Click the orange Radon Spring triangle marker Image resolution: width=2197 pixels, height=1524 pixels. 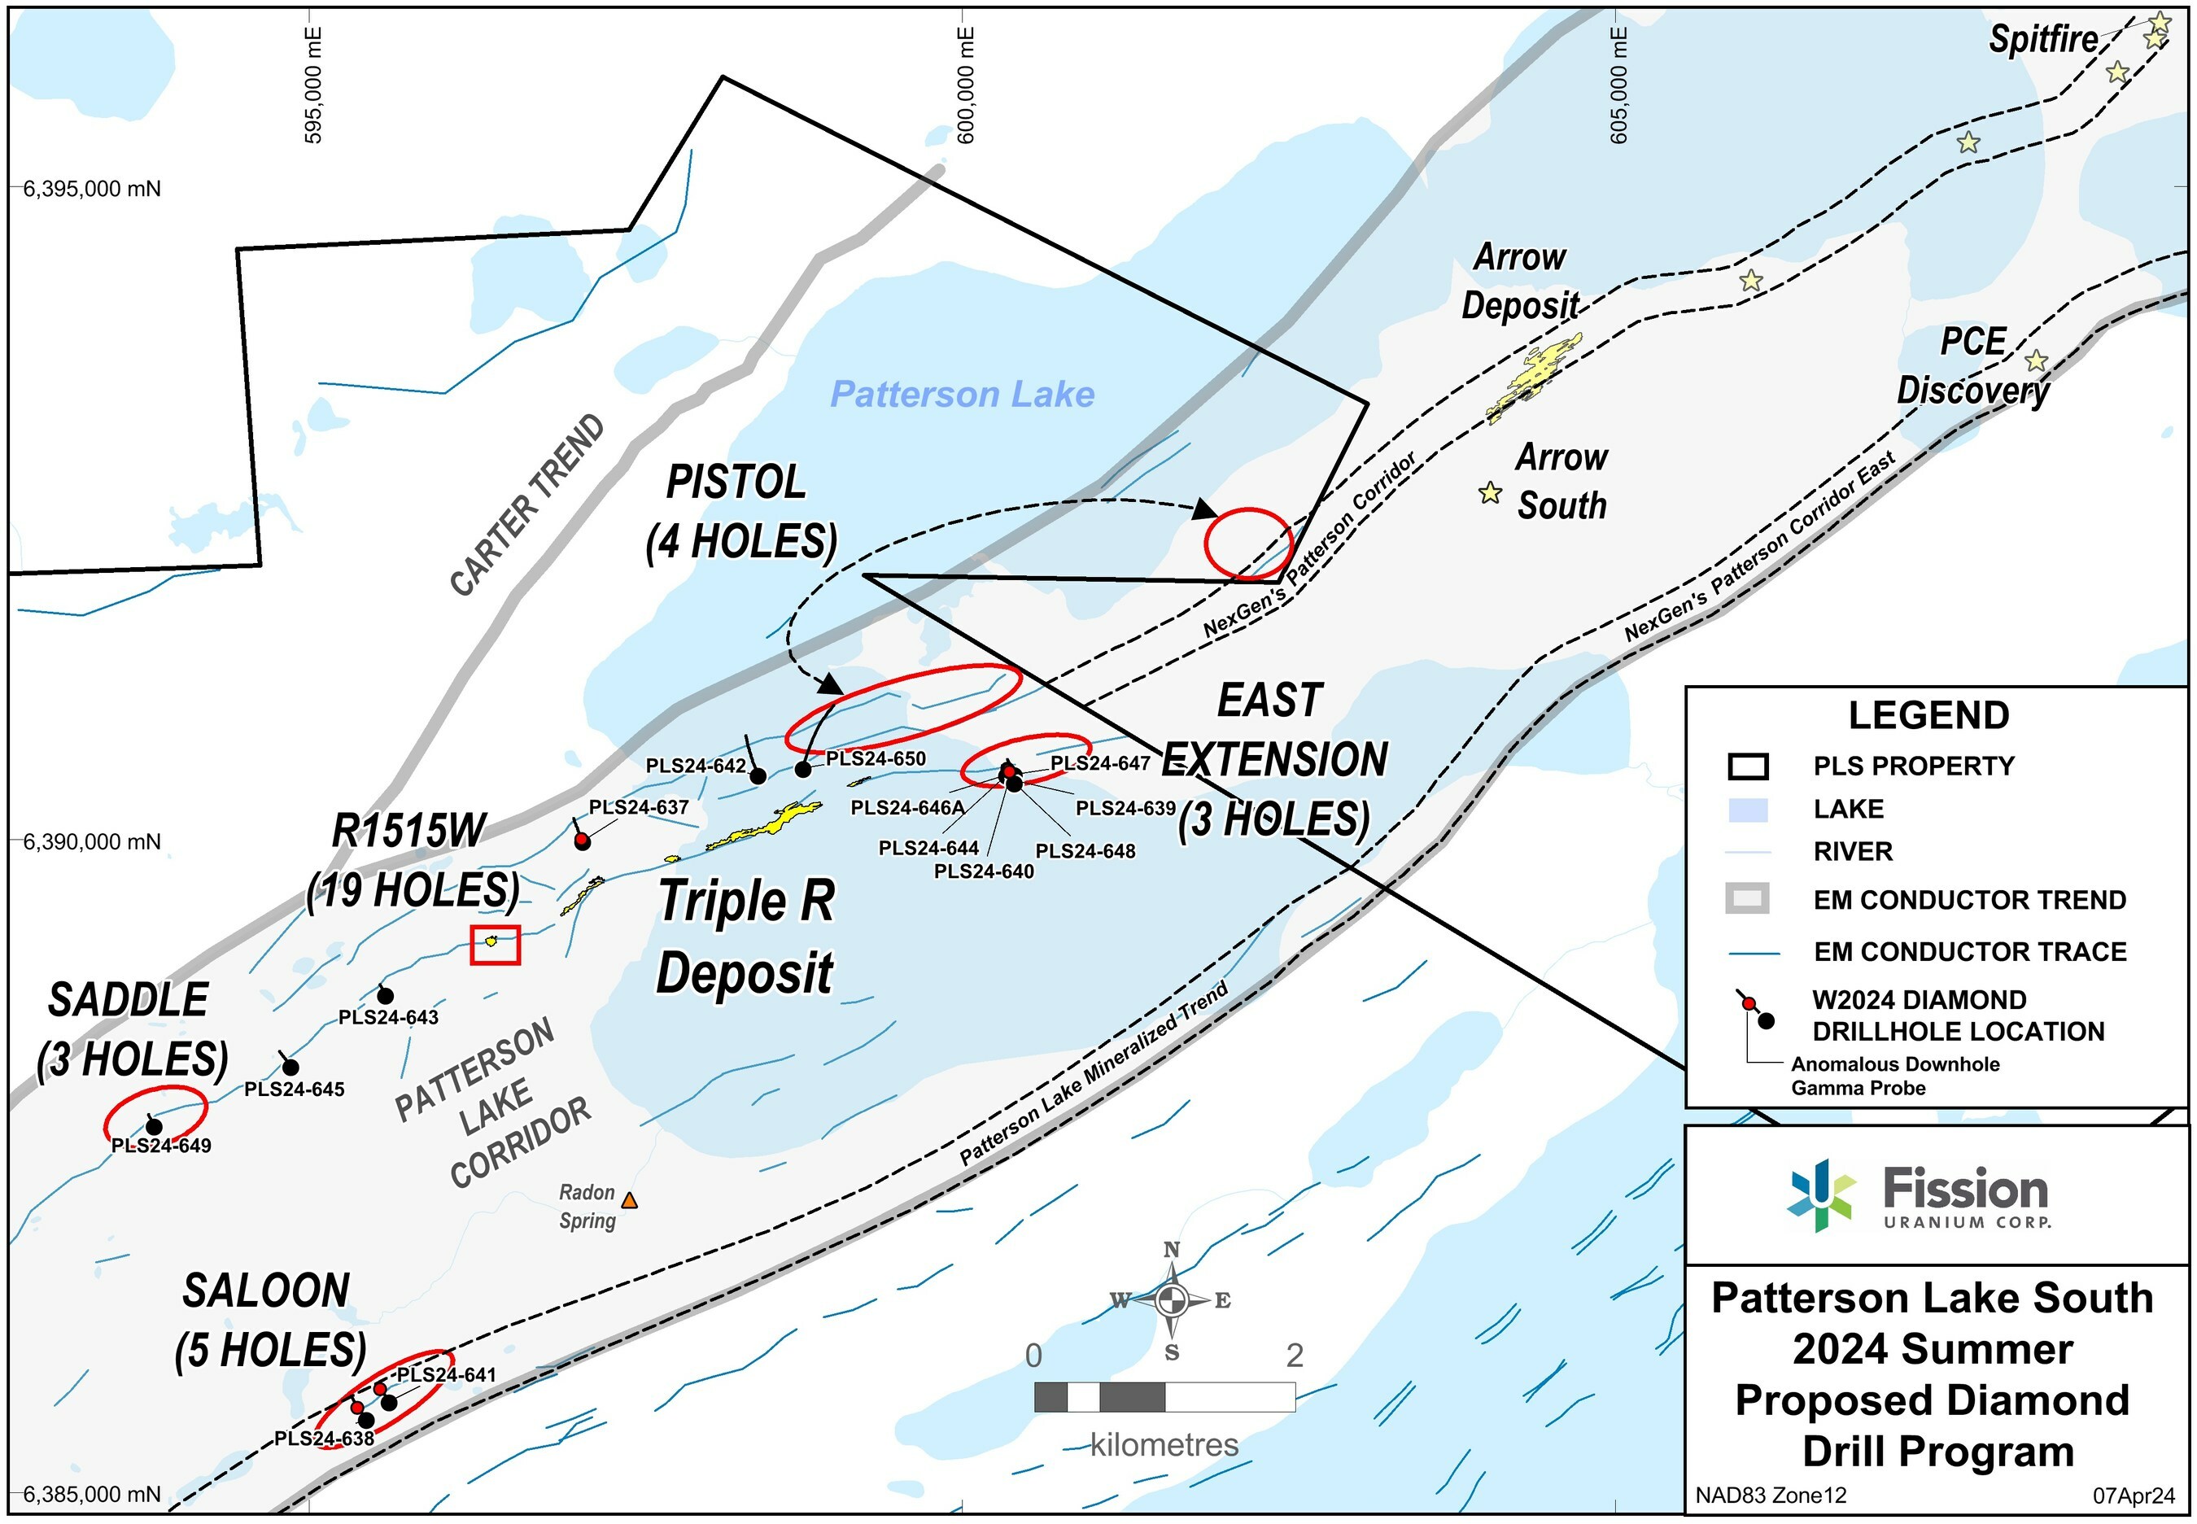(x=628, y=1200)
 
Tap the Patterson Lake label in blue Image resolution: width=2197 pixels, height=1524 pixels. (x=962, y=395)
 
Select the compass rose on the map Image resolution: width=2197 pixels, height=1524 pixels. (x=1172, y=1299)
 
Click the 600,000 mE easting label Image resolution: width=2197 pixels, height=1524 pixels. (x=966, y=86)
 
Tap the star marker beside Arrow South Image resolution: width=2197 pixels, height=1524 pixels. (x=1490, y=494)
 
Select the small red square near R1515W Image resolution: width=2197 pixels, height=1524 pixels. (x=496, y=945)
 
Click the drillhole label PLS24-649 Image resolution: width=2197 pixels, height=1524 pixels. (x=161, y=1146)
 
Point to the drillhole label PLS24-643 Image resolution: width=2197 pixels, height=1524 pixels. (x=389, y=1018)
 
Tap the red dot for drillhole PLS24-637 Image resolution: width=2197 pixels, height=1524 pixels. (x=583, y=841)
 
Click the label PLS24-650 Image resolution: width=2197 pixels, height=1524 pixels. (x=876, y=759)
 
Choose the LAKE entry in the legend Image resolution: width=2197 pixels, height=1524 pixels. (x=1848, y=810)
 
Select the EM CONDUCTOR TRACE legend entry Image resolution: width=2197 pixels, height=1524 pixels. (x=1969, y=952)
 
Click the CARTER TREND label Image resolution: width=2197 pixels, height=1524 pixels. (x=527, y=505)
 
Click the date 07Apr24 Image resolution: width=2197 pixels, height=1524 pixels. (x=2133, y=1496)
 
